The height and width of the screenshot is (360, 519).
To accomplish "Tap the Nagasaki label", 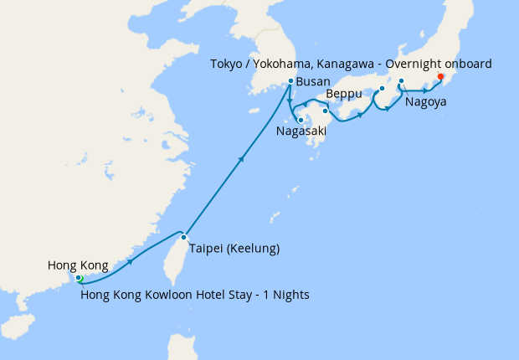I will tap(302, 131).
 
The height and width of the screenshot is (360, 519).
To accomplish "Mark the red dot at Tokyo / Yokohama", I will tap(439, 76).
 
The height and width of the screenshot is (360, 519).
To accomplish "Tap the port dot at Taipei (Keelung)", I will tap(183, 237).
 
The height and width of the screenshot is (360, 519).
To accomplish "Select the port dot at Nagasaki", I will tap(300, 119).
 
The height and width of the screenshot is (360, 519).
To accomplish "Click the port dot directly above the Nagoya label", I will tap(401, 81).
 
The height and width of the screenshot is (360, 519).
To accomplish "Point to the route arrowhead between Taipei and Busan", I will tap(242, 157).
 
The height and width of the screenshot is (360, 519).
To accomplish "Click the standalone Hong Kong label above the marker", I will tap(76, 266).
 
